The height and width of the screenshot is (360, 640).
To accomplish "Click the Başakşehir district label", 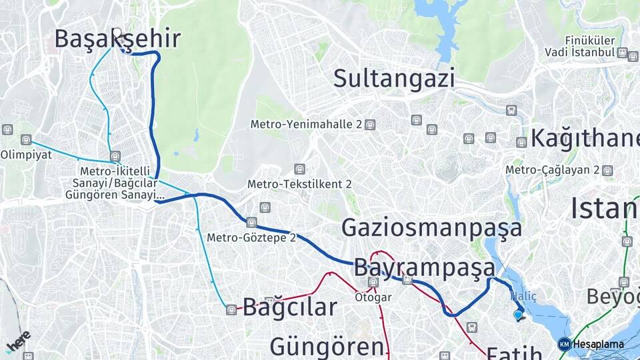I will pyautogui.click(x=117, y=39).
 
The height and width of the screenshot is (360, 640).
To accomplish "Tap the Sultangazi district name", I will pyautogui.click(x=394, y=78).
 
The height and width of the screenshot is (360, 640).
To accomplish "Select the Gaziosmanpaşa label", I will pyautogui.click(x=432, y=228).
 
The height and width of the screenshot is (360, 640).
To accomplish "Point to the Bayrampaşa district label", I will pyautogui.click(x=425, y=267).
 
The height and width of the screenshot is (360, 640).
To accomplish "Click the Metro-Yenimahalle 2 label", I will pyautogui.click(x=306, y=125).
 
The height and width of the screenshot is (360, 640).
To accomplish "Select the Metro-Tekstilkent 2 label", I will pyautogui.click(x=299, y=183).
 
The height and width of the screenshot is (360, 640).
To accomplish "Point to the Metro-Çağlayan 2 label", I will pyautogui.click(x=553, y=170).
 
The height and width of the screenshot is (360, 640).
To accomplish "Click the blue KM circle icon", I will pyautogui.click(x=564, y=344).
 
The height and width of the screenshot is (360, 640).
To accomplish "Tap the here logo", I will pyautogui.click(x=18, y=341).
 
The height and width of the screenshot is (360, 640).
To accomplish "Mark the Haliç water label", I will pyautogui.click(x=523, y=295).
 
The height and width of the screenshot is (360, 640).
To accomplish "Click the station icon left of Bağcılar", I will pyautogui.click(x=231, y=309).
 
